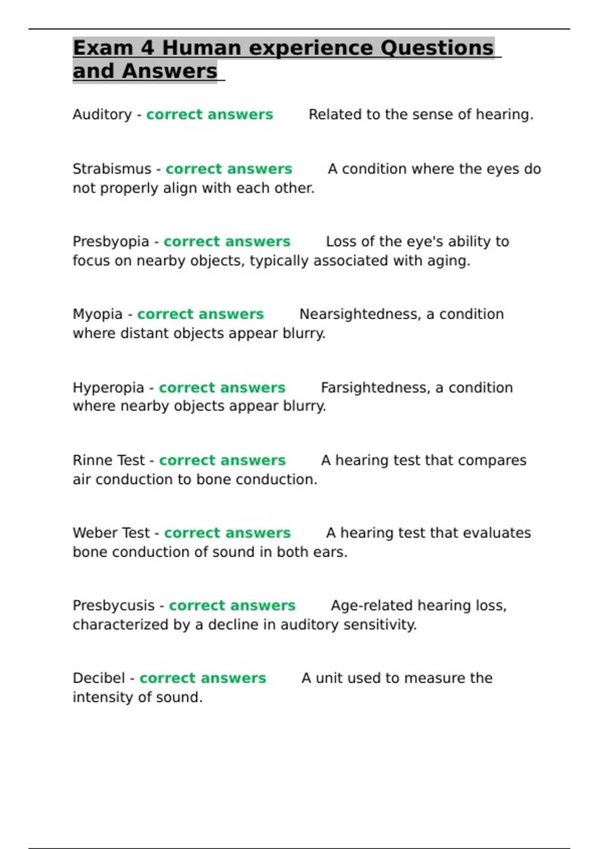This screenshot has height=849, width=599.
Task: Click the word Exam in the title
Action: [x=103, y=48]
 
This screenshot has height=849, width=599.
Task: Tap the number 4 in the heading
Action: [x=147, y=48]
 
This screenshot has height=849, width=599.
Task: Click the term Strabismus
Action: [x=112, y=169]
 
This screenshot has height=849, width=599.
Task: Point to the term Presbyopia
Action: [x=111, y=242]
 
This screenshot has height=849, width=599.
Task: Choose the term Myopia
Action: [x=97, y=314]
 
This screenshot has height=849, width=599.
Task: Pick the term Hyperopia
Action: [x=108, y=388]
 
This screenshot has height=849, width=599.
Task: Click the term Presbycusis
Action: [x=113, y=605]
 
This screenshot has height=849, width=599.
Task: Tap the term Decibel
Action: [x=99, y=678]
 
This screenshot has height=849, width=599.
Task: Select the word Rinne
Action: [x=90, y=460]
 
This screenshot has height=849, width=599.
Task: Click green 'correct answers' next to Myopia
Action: [x=200, y=314]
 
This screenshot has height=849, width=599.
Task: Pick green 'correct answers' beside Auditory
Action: [x=210, y=115]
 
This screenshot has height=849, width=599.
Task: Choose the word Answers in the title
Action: [x=170, y=71]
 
